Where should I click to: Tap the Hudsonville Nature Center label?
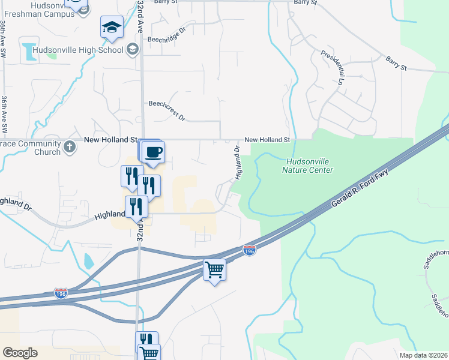coord(307,166)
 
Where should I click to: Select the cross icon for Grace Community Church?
coord(70,146)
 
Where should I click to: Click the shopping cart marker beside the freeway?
coord(214,269)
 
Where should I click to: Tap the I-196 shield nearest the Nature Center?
coord(250,248)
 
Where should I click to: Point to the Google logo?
coord(20,353)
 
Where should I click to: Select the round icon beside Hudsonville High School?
coord(133,49)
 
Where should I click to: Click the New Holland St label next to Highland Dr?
coord(267,140)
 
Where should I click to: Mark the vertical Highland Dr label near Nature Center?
coord(238,162)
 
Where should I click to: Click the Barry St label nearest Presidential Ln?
coord(396,62)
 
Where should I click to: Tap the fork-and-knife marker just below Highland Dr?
coord(137,207)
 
